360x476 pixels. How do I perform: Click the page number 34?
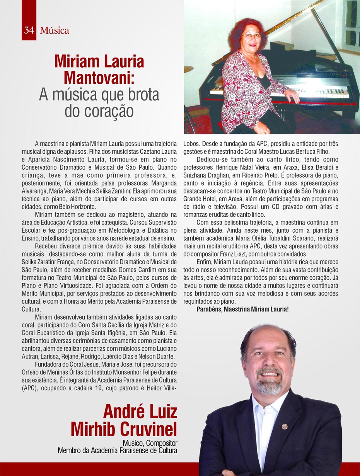pos(29,31)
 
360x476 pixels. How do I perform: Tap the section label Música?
pos(55,31)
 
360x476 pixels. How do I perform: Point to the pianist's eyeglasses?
pos(251,36)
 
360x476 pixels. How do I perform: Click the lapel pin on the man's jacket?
pos(285,427)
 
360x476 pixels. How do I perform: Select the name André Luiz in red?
pos(140,412)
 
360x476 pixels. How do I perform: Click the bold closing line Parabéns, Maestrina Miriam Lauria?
pos(242,309)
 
